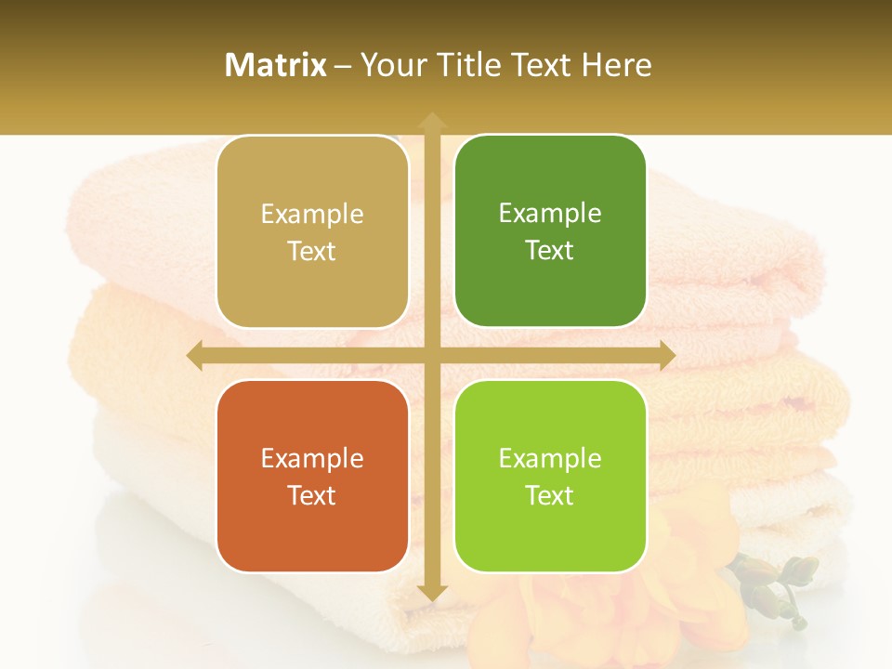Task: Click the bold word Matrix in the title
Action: pos(276,65)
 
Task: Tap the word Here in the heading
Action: pos(617,65)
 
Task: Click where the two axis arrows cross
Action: pos(432,356)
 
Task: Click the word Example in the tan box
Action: pos(312,215)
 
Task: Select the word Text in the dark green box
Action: pos(550,251)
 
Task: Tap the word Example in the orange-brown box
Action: pos(312,459)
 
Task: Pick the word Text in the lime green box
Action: pos(550,495)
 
